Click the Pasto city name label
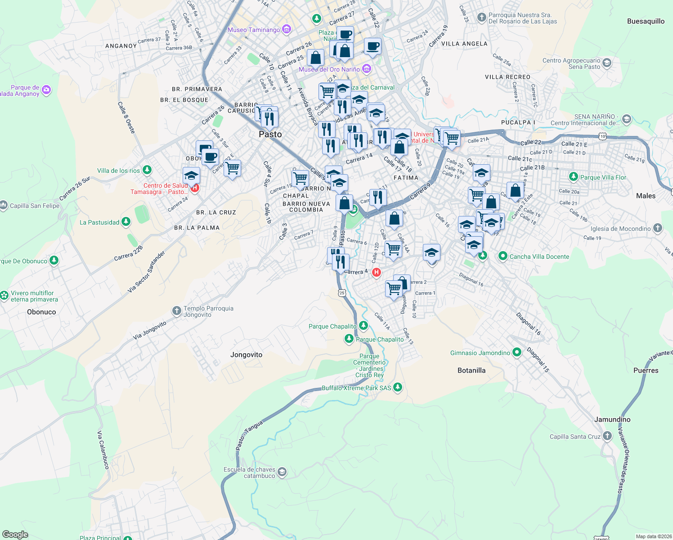click(x=270, y=134)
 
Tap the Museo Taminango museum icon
click(x=287, y=30)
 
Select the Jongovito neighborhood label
click(x=246, y=355)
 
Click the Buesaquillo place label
click(x=646, y=21)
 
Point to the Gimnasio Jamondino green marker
click(x=517, y=352)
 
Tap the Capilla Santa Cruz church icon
click(x=607, y=436)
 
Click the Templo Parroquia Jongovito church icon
click(x=177, y=310)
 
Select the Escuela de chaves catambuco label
click(x=250, y=472)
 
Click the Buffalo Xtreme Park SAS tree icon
click(x=397, y=387)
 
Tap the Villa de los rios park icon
click(x=147, y=170)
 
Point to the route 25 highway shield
click(x=342, y=293)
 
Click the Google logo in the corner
click(x=15, y=534)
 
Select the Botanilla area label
click(x=471, y=370)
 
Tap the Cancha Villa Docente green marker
click(x=503, y=256)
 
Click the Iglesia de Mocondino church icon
click(x=657, y=228)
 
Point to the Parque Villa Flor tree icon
click(x=573, y=177)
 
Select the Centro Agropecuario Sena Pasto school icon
click(x=607, y=63)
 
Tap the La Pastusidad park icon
click(x=126, y=222)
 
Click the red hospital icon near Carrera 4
click(x=377, y=272)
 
